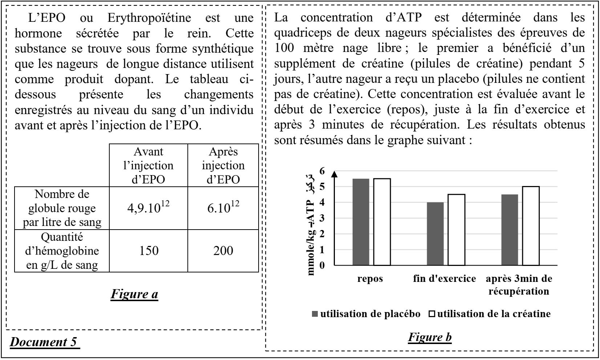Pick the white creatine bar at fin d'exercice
pyautogui.click(x=456, y=230)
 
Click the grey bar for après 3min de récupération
pyautogui.click(x=510, y=230)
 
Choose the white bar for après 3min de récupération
pyautogui.click(x=531, y=226)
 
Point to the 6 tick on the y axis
pyautogui.click(x=323, y=171)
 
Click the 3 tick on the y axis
pyautogui.click(x=323, y=218)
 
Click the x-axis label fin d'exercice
pyautogui.click(x=444, y=279)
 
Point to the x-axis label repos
pyautogui.click(x=370, y=279)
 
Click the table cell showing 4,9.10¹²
pyautogui.click(x=149, y=208)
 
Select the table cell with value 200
pyautogui.click(x=223, y=251)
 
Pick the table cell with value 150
pyautogui.click(x=149, y=251)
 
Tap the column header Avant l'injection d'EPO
pyautogui.click(x=149, y=166)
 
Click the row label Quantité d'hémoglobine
pyautogui.click(x=62, y=251)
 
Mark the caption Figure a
pyautogui.click(x=134, y=294)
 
